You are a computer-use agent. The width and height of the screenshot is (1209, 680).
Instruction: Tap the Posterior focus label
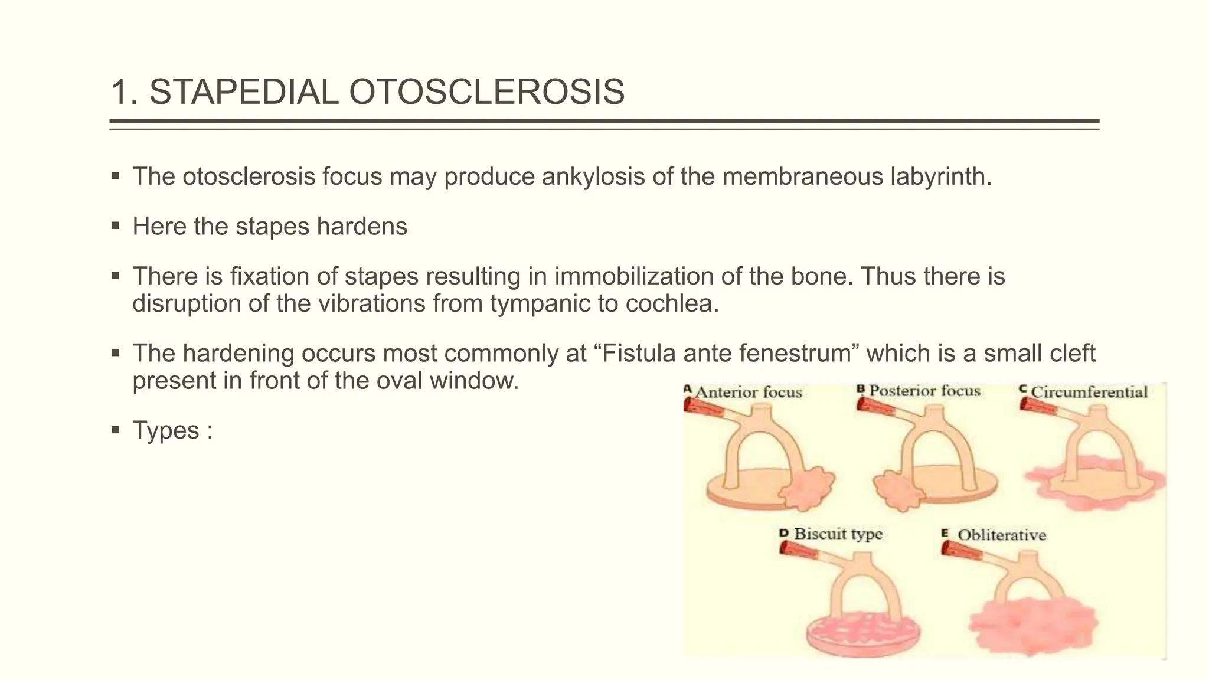(x=924, y=391)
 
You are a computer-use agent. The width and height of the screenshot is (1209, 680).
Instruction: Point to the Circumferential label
(x=1089, y=392)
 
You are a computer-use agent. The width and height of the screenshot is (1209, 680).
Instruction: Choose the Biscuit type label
(x=838, y=534)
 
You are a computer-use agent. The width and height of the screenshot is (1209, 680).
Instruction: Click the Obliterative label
(x=1001, y=535)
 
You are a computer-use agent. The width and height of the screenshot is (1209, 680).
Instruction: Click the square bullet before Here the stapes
(x=115, y=225)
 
